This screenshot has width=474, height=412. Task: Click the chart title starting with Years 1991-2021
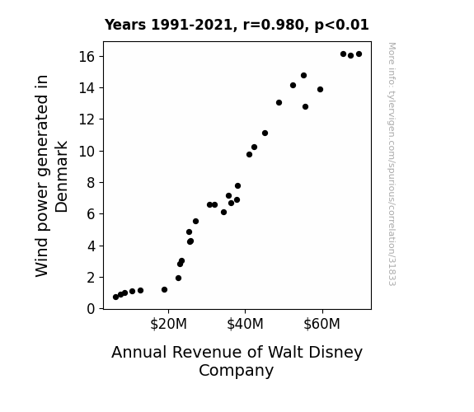(x=237, y=25)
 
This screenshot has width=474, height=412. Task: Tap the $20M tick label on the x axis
(x=168, y=324)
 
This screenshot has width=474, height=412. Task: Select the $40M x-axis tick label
(x=245, y=324)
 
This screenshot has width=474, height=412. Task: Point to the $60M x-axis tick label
(x=322, y=324)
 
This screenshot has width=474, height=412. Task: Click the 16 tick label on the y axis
(x=87, y=57)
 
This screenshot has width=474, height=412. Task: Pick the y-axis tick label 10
(x=87, y=151)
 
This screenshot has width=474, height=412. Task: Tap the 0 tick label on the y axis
(x=91, y=309)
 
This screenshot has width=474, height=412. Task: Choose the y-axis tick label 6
(x=91, y=214)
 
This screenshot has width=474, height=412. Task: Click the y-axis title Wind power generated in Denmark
(x=51, y=176)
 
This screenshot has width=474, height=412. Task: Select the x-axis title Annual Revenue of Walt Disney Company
(x=237, y=361)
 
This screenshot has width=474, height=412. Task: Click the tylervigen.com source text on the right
(x=392, y=164)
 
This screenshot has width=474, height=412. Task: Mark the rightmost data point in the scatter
(x=359, y=54)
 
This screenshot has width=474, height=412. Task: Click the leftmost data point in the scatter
(x=115, y=297)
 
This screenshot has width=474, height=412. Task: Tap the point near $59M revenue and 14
(x=320, y=90)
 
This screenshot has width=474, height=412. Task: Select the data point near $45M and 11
(x=265, y=133)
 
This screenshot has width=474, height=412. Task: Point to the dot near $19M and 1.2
(x=164, y=290)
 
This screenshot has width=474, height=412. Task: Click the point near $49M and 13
(x=279, y=103)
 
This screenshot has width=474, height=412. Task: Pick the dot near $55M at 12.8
(x=305, y=106)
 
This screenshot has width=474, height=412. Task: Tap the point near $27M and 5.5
(x=195, y=222)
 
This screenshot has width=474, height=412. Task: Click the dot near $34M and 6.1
(x=223, y=213)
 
